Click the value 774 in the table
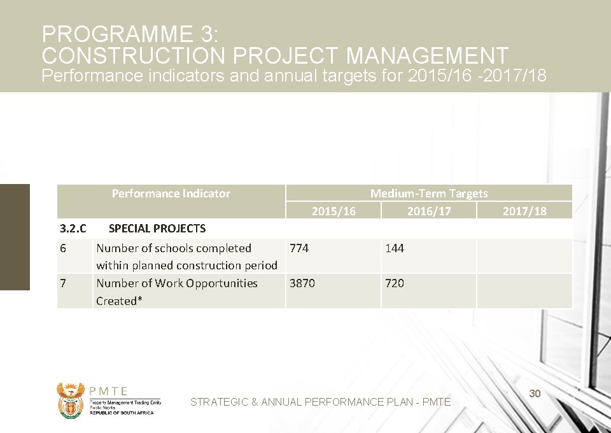pos(299,248)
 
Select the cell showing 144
pos(395,248)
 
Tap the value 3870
pos(302,283)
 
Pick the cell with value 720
pos(395,283)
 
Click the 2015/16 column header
pos(334,211)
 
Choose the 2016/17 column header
pos(429,211)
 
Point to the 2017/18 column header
pos(524,211)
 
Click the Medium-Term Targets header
pos(429,194)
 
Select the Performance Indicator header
pos(171,194)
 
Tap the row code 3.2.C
pos(73,229)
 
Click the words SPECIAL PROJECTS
pos(157,229)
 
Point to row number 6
pos(63,248)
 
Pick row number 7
pos(63,283)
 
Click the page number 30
pos(535,394)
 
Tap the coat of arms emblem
pos(70,400)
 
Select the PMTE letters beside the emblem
pos(109,392)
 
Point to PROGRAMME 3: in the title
pos(130,34)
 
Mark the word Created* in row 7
pos(116,301)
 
